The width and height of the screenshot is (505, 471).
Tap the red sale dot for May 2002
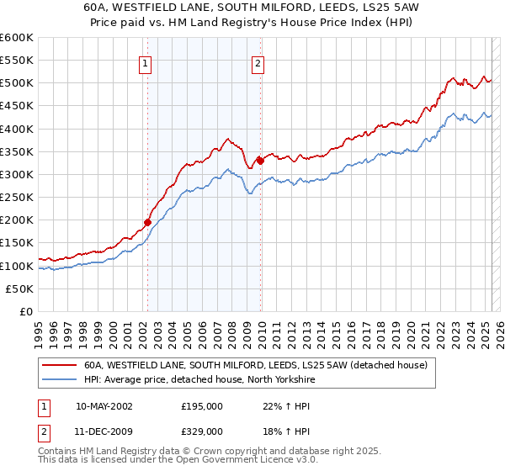pyautogui.click(x=147, y=222)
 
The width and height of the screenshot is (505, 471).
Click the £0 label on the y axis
pyautogui.click(x=26, y=311)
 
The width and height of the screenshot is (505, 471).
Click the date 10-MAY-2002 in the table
pyautogui.click(x=104, y=405)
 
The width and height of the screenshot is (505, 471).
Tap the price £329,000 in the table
pyautogui.click(x=202, y=431)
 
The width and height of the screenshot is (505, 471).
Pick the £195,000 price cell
pyautogui.click(x=202, y=405)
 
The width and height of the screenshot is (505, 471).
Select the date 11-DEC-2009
pyautogui.click(x=104, y=431)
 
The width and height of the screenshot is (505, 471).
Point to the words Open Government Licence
pyautogui.click(x=253, y=462)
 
